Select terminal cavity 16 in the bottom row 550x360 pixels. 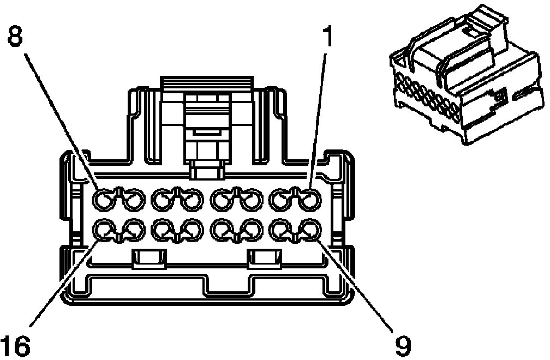click(105, 230)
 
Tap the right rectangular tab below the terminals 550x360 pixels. click(265, 260)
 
